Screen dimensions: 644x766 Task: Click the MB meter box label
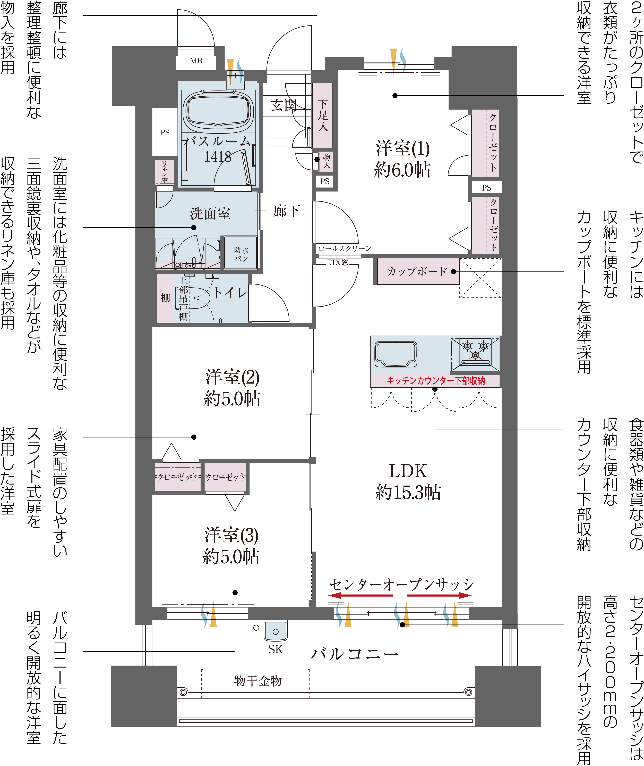(x=196, y=61)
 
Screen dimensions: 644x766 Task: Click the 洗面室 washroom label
(x=210, y=214)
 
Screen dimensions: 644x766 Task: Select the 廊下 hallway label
(x=287, y=211)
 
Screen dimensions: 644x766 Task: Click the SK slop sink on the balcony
(x=276, y=631)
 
